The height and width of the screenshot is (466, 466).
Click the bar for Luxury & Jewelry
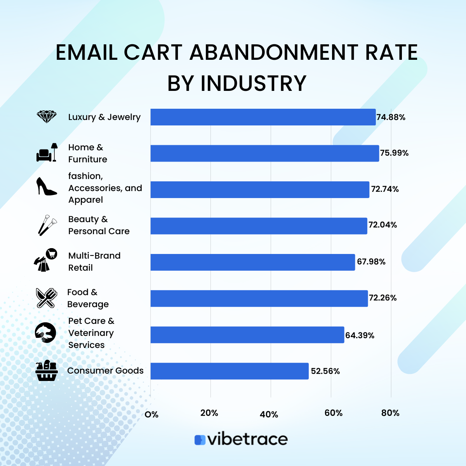(x=263, y=117)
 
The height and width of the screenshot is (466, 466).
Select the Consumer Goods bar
(x=230, y=371)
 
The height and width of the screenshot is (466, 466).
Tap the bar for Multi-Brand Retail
(x=253, y=262)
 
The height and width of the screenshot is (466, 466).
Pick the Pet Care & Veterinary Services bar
(x=247, y=335)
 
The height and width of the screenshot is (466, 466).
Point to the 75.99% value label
(x=394, y=153)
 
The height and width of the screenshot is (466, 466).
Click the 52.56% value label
(x=325, y=371)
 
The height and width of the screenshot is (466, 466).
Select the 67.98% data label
(x=371, y=262)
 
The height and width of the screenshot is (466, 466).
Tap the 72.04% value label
(x=383, y=225)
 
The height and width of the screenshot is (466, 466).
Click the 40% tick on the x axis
(x=269, y=414)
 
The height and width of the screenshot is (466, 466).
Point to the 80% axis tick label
(x=390, y=413)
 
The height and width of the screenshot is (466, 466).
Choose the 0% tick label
(x=151, y=414)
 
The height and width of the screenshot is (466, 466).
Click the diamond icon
(x=47, y=117)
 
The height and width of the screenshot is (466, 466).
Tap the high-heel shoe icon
(x=47, y=186)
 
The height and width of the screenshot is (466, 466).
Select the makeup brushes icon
(x=47, y=225)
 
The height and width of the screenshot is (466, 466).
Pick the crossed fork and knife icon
(x=47, y=298)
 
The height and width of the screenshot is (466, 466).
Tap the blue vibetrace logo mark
(x=200, y=440)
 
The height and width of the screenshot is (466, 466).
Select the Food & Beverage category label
(x=88, y=298)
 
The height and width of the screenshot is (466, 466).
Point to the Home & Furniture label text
(x=87, y=153)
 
